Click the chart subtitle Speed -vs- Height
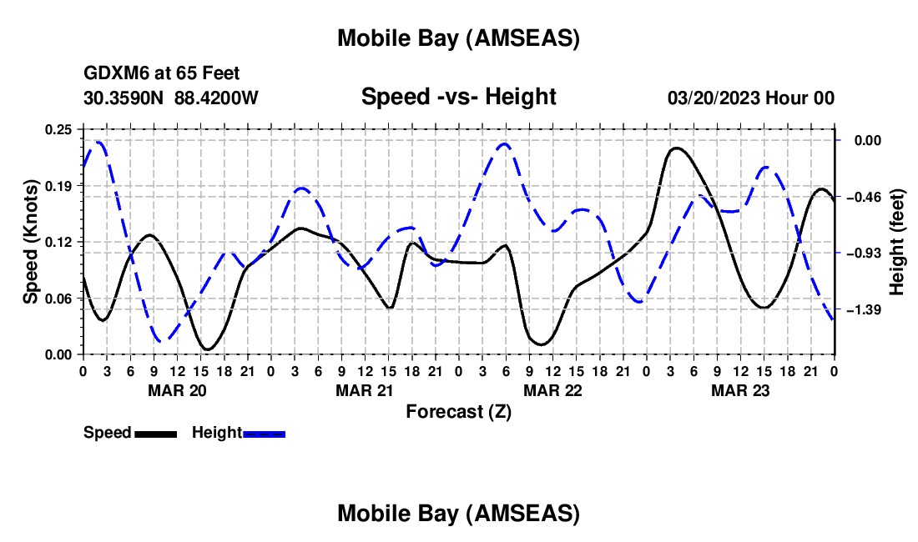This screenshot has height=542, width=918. coord(458,97)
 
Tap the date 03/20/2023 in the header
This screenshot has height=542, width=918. coord(714,98)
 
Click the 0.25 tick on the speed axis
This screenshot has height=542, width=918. coord(59,129)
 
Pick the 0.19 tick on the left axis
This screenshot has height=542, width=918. coord(59,186)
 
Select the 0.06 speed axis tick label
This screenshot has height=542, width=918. coord(59,299)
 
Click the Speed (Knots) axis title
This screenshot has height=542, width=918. coord(31,242)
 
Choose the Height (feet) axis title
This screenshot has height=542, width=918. coord(897,242)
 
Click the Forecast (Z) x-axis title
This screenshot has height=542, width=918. coord(458,411)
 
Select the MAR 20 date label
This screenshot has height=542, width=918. coord(176,390)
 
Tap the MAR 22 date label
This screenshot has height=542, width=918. coord(552,390)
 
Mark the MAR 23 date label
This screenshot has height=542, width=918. coord(739,390)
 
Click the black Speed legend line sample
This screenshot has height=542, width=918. coord(155,434)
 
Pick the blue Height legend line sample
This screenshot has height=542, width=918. coord(264,434)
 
